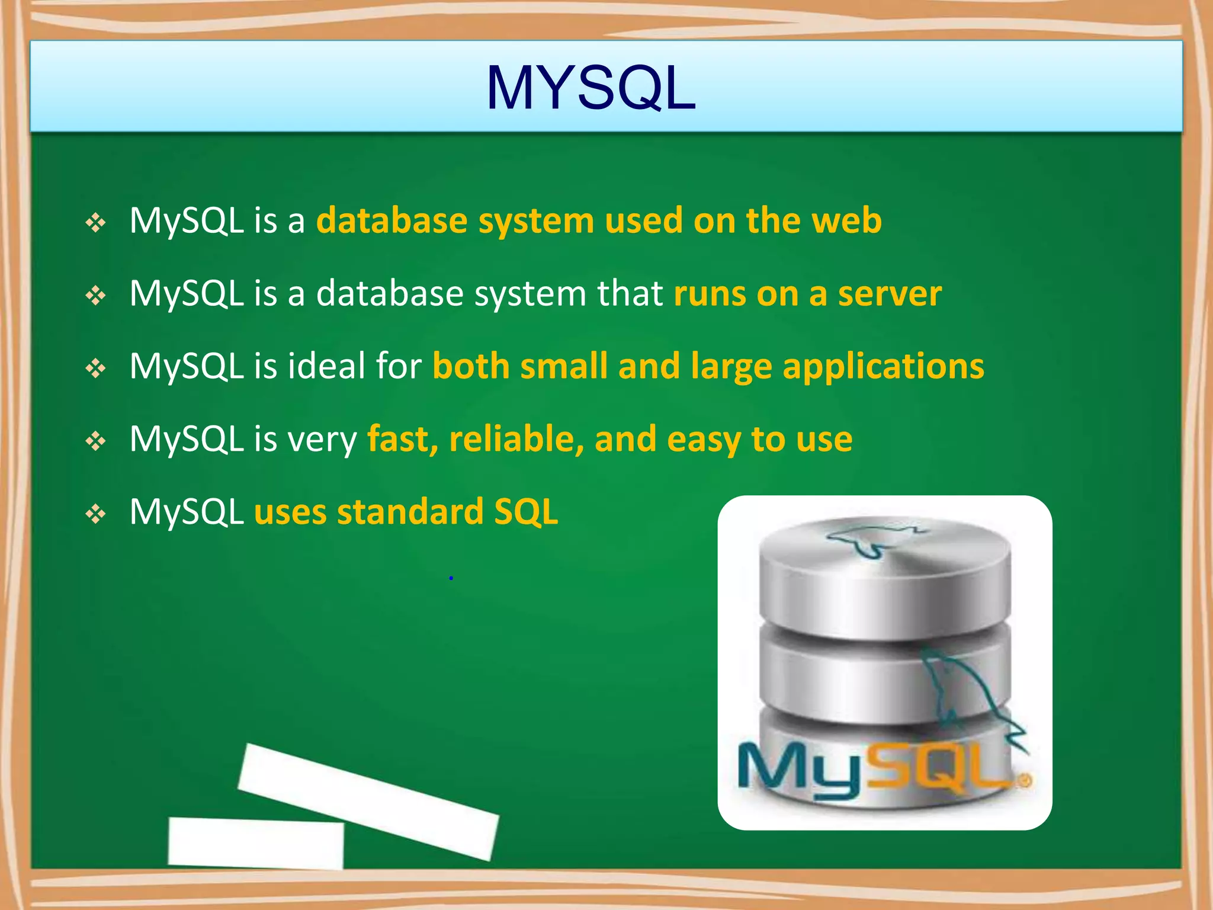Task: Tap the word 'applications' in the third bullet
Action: (884, 366)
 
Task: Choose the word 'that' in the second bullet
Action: (630, 293)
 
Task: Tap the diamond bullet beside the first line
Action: (95, 223)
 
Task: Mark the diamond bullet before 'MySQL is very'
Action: (95, 441)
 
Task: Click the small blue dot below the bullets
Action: (451, 578)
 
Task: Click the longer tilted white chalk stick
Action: (368, 801)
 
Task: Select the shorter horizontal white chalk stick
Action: (256, 844)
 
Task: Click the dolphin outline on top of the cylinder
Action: (871, 539)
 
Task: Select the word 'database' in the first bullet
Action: (392, 220)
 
